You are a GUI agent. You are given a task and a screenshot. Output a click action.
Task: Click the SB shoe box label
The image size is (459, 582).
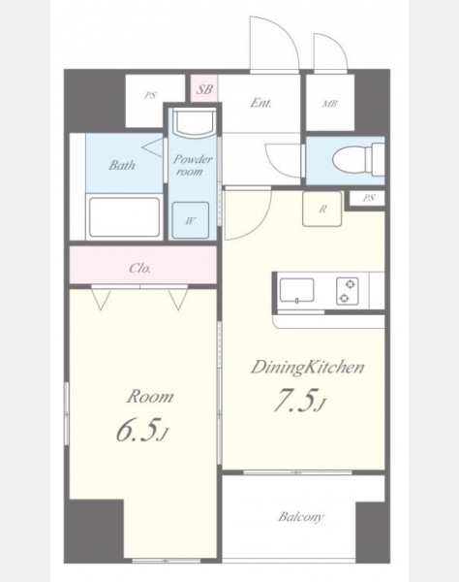point(204,89)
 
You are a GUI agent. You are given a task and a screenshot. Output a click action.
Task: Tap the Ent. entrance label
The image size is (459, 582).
point(260,103)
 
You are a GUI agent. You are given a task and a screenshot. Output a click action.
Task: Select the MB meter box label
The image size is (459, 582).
point(329,104)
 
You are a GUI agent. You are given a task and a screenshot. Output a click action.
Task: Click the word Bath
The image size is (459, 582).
point(122,165)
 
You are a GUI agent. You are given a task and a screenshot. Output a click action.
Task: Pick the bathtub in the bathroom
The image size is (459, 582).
point(125,217)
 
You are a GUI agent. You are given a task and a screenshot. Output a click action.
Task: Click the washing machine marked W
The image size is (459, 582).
point(191,220)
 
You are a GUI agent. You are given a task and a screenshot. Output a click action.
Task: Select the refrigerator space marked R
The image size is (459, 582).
point(321,209)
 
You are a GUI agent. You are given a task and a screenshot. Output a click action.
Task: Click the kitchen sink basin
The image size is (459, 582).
point(296,290)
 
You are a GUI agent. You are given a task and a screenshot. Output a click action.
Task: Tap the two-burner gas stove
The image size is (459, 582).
point(348,291)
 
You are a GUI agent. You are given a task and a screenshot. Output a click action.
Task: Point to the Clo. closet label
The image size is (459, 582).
point(140,268)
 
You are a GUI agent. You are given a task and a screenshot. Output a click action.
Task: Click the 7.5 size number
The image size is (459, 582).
point(299,402)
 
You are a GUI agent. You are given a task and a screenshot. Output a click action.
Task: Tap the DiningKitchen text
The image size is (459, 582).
point(308,368)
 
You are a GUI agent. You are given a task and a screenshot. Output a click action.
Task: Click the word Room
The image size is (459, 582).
point(150,397)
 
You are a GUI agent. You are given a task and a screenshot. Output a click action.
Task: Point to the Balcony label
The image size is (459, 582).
point(301,517)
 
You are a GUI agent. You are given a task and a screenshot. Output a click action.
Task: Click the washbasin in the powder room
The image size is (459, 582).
point(196,122)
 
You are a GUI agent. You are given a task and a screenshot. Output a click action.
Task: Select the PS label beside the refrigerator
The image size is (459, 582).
point(368,198)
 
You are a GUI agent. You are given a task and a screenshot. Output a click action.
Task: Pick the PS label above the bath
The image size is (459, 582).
point(150,96)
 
